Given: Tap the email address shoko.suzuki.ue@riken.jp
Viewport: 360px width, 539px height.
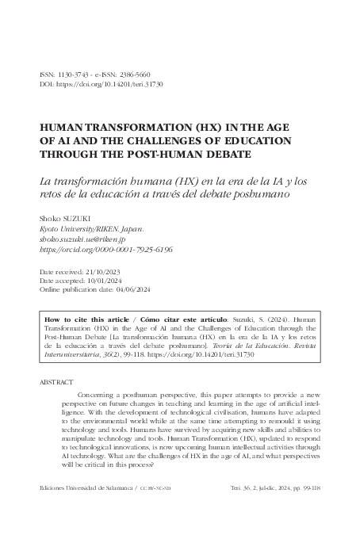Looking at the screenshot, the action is tap(89, 237).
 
